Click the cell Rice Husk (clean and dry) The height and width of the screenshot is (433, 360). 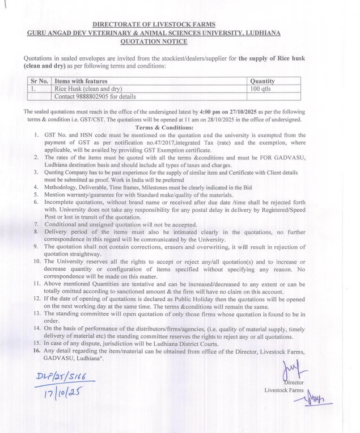pos(88,89)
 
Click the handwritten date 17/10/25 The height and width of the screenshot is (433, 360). pos(59,392)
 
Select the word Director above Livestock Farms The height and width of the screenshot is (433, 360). pos(293,382)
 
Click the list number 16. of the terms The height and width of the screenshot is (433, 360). pos(36,351)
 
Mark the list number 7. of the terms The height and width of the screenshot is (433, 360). pos(36,225)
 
